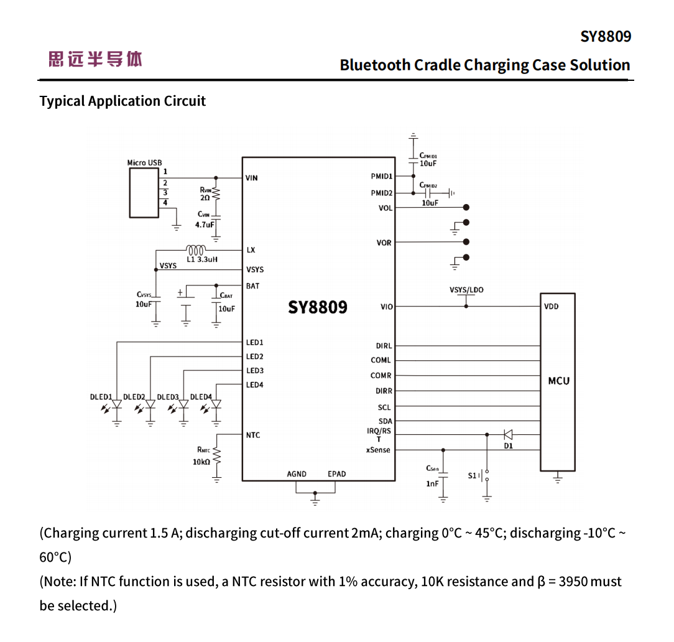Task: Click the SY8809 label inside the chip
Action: pyautogui.click(x=318, y=307)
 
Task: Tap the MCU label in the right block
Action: pyautogui.click(x=558, y=381)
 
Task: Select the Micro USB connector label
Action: pyautogui.click(x=144, y=163)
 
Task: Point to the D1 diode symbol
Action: pyautogui.click(x=508, y=435)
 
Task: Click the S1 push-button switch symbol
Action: pyautogui.click(x=487, y=475)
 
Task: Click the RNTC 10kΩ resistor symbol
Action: pyautogui.click(x=216, y=456)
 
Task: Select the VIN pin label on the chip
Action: pyautogui.click(x=251, y=178)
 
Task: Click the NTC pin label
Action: pyautogui.click(x=252, y=435)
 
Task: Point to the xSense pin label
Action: pyautogui.click(x=378, y=450)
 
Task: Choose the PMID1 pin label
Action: pyautogui.click(x=382, y=177)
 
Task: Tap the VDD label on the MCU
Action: pyautogui.click(x=551, y=307)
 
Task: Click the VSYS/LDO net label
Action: pyautogui.click(x=466, y=290)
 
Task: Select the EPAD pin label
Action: pyautogui.click(x=337, y=474)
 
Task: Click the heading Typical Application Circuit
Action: pyautogui.click(x=122, y=101)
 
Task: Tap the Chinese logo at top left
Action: pyautogui.click(x=95, y=60)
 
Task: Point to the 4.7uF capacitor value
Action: pyautogui.click(x=205, y=225)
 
